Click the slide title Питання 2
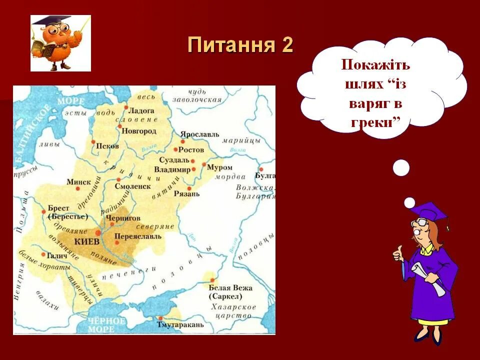240,45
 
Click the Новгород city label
139,131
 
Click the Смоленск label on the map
132,186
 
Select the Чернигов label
123,219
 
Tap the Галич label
58,254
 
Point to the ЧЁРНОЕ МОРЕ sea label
106,324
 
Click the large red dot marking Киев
98,232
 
